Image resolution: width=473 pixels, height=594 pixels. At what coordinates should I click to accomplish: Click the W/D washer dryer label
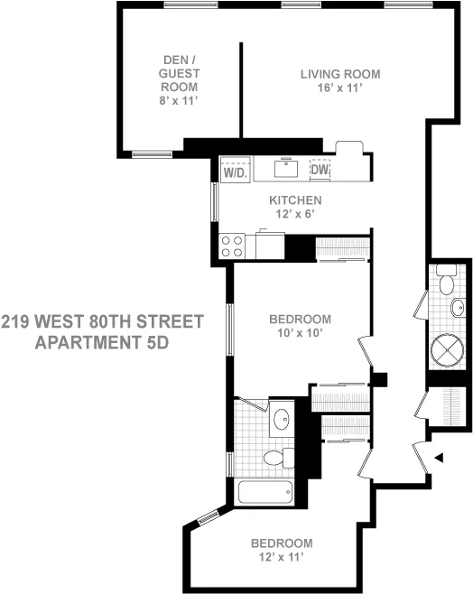click(235, 170)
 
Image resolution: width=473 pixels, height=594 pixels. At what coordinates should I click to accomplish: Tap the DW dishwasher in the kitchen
click(320, 169)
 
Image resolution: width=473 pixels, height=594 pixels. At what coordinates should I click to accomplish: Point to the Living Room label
click(340, 74)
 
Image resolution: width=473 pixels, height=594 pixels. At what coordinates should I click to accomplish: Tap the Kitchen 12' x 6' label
click(294, 207)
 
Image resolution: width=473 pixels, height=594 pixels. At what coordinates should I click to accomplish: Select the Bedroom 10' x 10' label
click(301, 326)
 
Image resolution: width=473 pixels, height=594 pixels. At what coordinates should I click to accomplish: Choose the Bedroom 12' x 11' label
click(282, 551)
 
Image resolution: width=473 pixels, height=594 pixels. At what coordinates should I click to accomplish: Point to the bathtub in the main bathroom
click(264, 492)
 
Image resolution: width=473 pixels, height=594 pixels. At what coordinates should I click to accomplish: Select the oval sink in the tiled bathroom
click(281, 418)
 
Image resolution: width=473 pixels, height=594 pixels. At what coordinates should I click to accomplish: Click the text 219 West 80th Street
click(102, 322)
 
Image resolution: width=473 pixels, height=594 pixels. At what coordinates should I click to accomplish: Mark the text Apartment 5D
click(102, 344)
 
